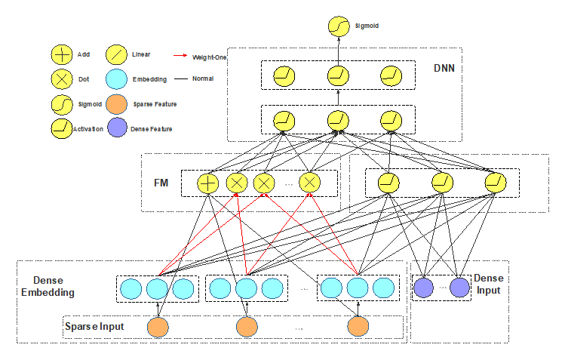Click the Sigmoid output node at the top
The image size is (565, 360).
click(339, 26)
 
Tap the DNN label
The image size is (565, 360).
click(444, 68)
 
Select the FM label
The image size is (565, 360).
click(161, 183)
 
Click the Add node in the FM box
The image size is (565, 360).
click(208, 183)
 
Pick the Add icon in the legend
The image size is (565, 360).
click(62, 55)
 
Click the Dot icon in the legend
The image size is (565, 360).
click(62, 79)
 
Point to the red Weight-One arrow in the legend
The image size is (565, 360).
click(180, 56)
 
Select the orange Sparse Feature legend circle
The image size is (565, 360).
click(116, 104)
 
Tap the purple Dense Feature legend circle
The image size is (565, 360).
click(117, 128)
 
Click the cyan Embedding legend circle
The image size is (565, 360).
click(116, 79)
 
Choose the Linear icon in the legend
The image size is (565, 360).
click(116, 55)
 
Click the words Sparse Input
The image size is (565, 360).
click(94, 327)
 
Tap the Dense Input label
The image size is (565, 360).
click(489, 284)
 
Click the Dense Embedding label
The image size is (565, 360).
click(48, 287)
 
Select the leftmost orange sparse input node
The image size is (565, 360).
click(158, 327)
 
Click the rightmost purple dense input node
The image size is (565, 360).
click(459, 288)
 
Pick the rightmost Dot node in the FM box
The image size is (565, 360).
click(309, 183)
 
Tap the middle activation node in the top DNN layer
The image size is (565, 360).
click(338, 76)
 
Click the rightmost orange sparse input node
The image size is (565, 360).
click(358, 326)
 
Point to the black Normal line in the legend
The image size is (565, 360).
click(181, 78)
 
